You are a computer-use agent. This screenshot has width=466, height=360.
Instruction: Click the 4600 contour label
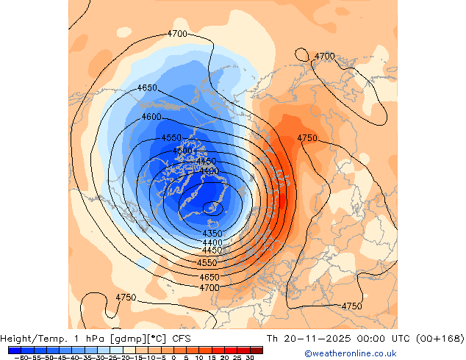151,118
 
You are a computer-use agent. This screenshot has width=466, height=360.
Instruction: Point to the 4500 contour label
183,151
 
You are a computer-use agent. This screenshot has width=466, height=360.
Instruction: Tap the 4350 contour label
212,234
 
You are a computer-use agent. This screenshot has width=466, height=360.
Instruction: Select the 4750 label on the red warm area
307,138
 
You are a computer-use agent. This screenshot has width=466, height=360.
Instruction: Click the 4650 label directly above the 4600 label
147,88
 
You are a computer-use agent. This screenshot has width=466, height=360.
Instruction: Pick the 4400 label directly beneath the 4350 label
212,242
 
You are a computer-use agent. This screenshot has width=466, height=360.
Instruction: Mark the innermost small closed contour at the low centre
214,208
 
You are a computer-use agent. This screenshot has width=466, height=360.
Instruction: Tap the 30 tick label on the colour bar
250,357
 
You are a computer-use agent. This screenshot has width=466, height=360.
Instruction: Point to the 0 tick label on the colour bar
173,357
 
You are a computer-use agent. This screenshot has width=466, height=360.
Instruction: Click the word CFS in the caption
182,339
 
